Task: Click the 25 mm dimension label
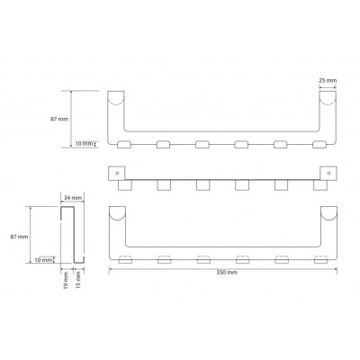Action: click(x=328, y=80)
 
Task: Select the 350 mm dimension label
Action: click(x=227, y=273)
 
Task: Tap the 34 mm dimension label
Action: click(x=73, y=198)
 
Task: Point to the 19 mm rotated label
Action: click(x=67, y=280)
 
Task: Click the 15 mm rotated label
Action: click(x=78, y=280)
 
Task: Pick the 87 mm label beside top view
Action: click(x=59, y=119)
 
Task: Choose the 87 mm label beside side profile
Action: click(x=20, y=237)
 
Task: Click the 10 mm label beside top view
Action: click(x=84, y=144)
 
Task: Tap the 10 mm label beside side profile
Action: click(x=43, y=260)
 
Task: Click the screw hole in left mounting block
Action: click(x=117, y=173)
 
